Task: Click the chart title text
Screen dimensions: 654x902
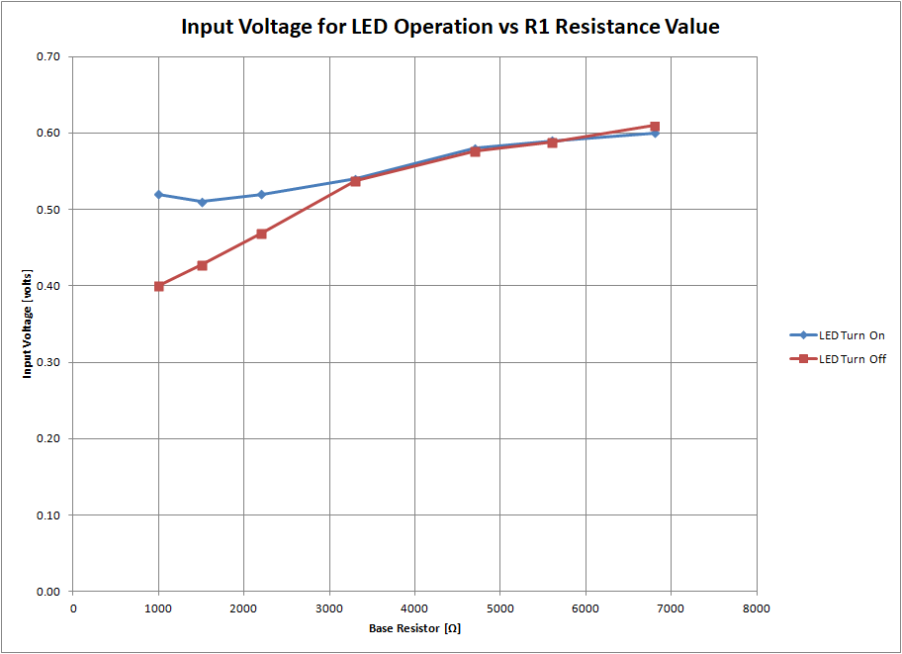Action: [450, 27]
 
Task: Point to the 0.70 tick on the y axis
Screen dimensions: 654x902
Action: [48, 57]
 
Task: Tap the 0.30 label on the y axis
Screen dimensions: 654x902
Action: [48, 363]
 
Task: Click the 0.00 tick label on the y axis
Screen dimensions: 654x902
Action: [48, 592]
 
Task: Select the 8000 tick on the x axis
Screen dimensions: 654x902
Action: [757, 607]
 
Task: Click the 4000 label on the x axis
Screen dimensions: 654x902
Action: [414, 607]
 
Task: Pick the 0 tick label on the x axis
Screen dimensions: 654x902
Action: [73, 607]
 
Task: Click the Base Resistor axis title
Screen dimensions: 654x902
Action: [414, 628]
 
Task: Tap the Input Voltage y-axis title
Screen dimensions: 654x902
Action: [28, 324]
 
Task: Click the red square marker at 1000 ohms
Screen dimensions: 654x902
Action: [158, 286]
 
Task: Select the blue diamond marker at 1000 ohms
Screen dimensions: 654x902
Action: [158, 195]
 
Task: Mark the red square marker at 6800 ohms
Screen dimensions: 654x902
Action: [655, 126]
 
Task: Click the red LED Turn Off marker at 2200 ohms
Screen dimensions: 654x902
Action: [261, 234]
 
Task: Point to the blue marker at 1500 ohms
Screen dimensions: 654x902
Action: [202, 202]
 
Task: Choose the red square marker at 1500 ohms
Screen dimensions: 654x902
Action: [202, 265]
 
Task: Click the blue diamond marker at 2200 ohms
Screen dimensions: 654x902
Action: [261, 195]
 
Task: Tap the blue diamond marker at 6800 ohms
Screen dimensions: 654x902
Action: [655, 133]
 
